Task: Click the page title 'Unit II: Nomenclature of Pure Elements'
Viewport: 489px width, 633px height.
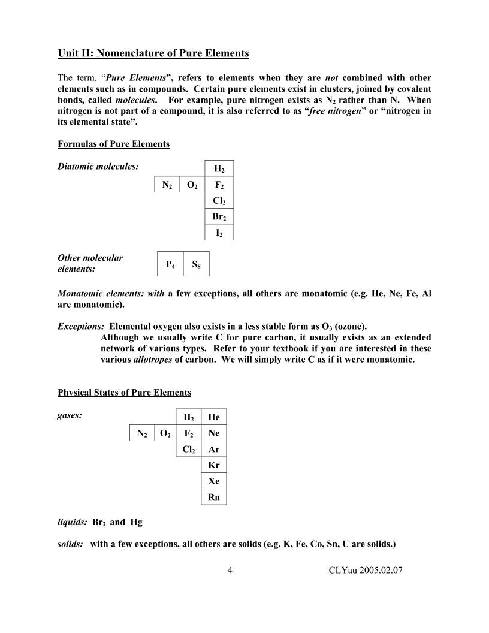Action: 153,53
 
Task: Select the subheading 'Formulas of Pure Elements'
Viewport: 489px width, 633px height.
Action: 113,144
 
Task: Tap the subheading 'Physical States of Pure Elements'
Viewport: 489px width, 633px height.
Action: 124,393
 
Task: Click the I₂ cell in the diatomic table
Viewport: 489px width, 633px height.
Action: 219,233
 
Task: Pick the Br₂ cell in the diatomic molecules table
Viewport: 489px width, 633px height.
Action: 219,217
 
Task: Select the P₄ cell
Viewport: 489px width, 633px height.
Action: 170,264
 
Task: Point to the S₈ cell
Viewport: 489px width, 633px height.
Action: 196,264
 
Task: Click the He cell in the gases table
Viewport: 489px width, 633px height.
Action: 213,417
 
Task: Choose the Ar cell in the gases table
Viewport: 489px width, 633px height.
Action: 213,448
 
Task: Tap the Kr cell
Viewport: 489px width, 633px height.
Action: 213,465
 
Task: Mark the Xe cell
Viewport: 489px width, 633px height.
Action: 213,481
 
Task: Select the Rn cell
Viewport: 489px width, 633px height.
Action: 213,497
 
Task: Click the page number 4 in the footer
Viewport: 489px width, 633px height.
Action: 230,570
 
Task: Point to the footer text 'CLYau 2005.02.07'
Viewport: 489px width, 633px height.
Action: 366,570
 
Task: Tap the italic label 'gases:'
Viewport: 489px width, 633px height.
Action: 70,414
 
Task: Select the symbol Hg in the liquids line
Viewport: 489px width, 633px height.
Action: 136,522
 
